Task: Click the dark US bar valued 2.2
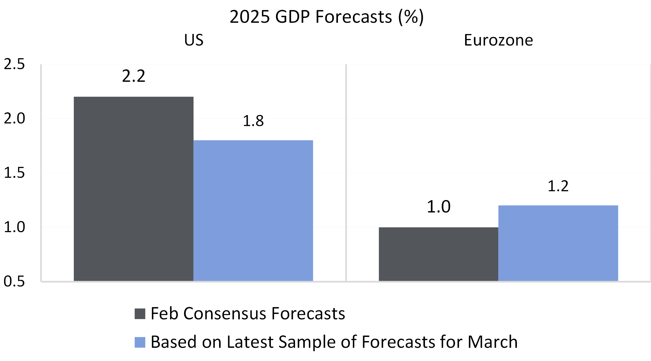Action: point(133,189)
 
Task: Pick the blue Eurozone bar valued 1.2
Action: point(558,243)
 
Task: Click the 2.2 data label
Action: point(133,76)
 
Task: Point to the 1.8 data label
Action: point(253,121)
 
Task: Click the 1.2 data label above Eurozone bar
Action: point(558,186)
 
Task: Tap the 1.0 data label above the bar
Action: point(438,207)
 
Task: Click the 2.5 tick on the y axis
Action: point(14,64)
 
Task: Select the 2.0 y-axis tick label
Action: point(14,118)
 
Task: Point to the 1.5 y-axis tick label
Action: point(14,173)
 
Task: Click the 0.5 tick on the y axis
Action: point(14,281)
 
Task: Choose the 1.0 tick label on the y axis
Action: point(14,227)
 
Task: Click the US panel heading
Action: point(194,40)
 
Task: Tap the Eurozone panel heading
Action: point(498,40)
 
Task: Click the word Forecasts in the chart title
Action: point(353,17)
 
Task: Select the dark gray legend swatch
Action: point(140,314)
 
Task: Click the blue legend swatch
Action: point(140,342)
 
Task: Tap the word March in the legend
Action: point(493,342)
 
